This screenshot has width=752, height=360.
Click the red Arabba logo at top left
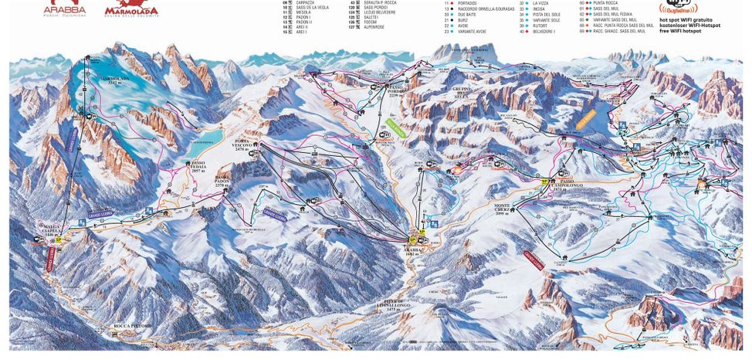pos(66,8)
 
